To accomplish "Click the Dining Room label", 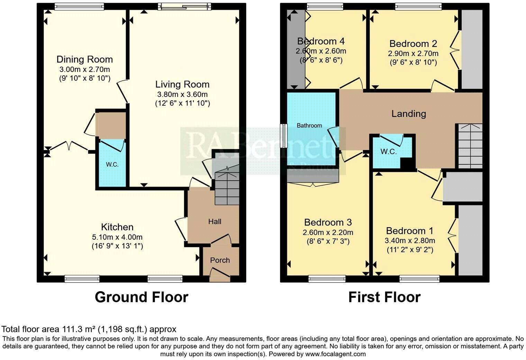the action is pos(84,59).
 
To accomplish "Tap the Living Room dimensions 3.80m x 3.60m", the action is pos(182,94).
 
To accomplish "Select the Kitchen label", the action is pos(117,227).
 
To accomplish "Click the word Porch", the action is pos(220,260).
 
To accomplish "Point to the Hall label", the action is pos(215,222).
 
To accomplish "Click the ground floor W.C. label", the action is pos(112,165).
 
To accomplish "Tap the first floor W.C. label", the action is pos(388,151).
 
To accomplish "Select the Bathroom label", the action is pos(309,126).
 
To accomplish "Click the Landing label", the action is pos(409,114).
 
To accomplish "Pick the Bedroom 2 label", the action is pos(413,44).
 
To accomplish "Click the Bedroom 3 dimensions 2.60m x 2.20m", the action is pos(328,232).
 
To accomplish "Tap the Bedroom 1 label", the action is pos(409,231).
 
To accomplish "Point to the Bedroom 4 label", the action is pos(321,41).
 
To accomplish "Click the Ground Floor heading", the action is pos(142,297).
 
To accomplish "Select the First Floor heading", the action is pos(384,297).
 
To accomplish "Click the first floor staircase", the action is pos(469,146).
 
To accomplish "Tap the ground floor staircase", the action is pos(227,188).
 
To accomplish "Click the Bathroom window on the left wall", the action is pos(284,136).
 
